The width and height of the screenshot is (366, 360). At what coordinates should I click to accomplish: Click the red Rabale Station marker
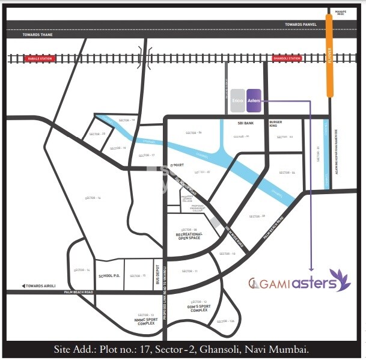coord(38,58)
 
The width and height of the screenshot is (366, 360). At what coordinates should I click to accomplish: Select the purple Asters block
coord(254,100)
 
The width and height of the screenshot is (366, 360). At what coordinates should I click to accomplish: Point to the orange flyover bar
coord(329,57)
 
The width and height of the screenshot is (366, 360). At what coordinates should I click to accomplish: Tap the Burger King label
coord(276,124)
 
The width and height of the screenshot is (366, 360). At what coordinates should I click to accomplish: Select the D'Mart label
coord(176,163)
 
